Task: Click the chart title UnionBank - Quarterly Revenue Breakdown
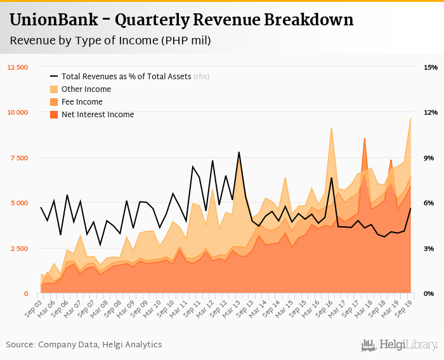click(181, 20)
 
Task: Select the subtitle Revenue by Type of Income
click(110, 41)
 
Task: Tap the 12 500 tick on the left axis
click(18, 67)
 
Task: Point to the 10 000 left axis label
click(18, 112)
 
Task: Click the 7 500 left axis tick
click(20, 158)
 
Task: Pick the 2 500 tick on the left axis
click(20, 248)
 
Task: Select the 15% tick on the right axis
click(431, 67)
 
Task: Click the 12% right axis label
click(431, 112)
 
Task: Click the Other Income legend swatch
click(54, 89)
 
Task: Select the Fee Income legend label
click(82, 102)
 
